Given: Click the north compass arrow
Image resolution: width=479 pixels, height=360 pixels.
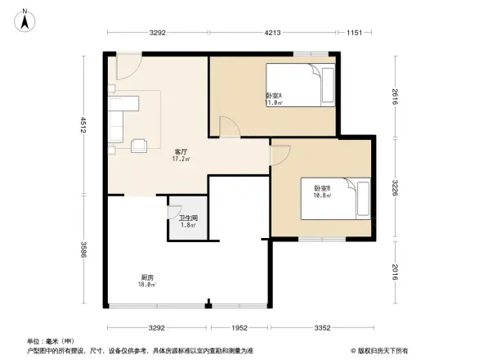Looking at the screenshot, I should [x=25, y=20].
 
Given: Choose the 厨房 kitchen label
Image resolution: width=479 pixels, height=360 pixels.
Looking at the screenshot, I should [x=147, y=281].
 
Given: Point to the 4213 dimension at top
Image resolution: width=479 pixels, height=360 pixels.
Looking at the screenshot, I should [x=271, y=33].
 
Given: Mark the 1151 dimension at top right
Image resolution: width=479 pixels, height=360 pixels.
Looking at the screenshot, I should [x=353, y=33].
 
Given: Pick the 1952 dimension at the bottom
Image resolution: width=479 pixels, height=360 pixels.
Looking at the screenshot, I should [x=238, y=327].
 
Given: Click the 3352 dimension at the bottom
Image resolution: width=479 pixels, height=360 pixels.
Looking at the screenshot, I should [x=323, y=327].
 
